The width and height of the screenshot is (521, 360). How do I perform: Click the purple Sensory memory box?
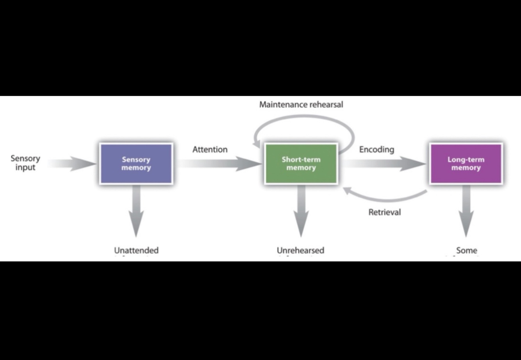pos(136,164)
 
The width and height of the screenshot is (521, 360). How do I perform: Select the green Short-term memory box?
pos(301,164)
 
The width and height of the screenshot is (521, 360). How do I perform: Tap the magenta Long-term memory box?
pos(466,164)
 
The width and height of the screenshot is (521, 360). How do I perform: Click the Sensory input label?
pos(25,163)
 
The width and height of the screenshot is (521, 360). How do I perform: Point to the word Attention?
pos(210,150)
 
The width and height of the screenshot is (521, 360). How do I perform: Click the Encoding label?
pos(376,150)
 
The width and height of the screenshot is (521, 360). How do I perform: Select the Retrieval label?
pos(384,212)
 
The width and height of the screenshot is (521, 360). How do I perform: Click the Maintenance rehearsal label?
pos(301,105)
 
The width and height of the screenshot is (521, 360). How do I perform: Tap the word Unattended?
pos(136,250)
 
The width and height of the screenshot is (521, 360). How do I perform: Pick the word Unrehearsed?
pos(300,250)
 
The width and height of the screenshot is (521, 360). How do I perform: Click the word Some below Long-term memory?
pos(467,250)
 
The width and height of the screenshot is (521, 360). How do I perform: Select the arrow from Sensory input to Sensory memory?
pos(73,164)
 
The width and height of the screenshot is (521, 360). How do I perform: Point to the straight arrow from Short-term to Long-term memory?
pos(385,164)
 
